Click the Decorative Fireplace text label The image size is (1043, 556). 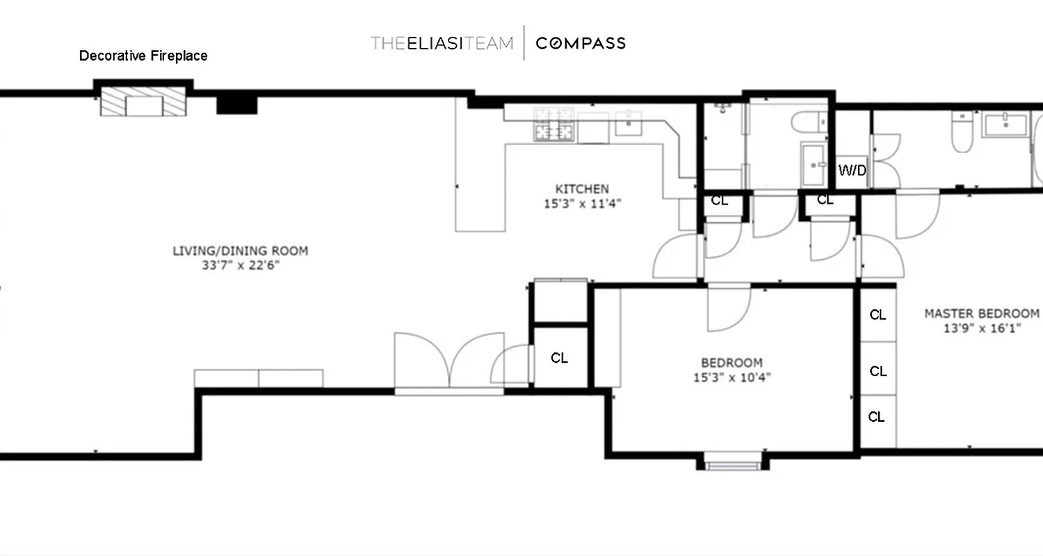tap(143, 56)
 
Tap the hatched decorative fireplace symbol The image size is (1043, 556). tap(144, 103)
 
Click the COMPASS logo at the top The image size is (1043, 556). tap(581, 43)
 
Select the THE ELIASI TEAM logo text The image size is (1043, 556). tap(442, 43)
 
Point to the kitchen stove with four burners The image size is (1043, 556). tap(554, 125)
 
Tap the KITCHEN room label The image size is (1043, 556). tap(581, 189)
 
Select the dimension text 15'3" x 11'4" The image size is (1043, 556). tap(581, 204)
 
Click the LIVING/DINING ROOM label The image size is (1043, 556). tap(240, 251)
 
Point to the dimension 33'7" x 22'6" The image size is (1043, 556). tap(240, 265)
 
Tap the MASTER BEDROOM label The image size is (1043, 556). tap(981, 313)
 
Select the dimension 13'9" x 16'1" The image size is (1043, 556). tap(981, 329)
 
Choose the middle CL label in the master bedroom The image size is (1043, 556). tap(878, 371)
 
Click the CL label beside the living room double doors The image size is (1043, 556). tap(559, 358)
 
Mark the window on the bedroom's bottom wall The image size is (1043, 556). tap(732, 462)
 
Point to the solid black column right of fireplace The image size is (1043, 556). tap(237, 105)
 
